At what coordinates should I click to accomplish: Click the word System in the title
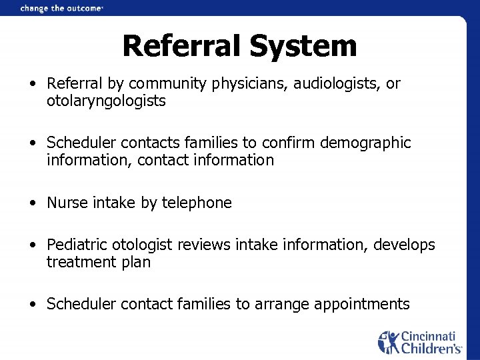coord(303,47)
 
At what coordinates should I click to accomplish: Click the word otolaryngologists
coord(106,101)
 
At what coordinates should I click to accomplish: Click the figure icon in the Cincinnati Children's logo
coord(388,341)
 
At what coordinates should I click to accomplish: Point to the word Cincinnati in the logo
coord(431,336)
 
